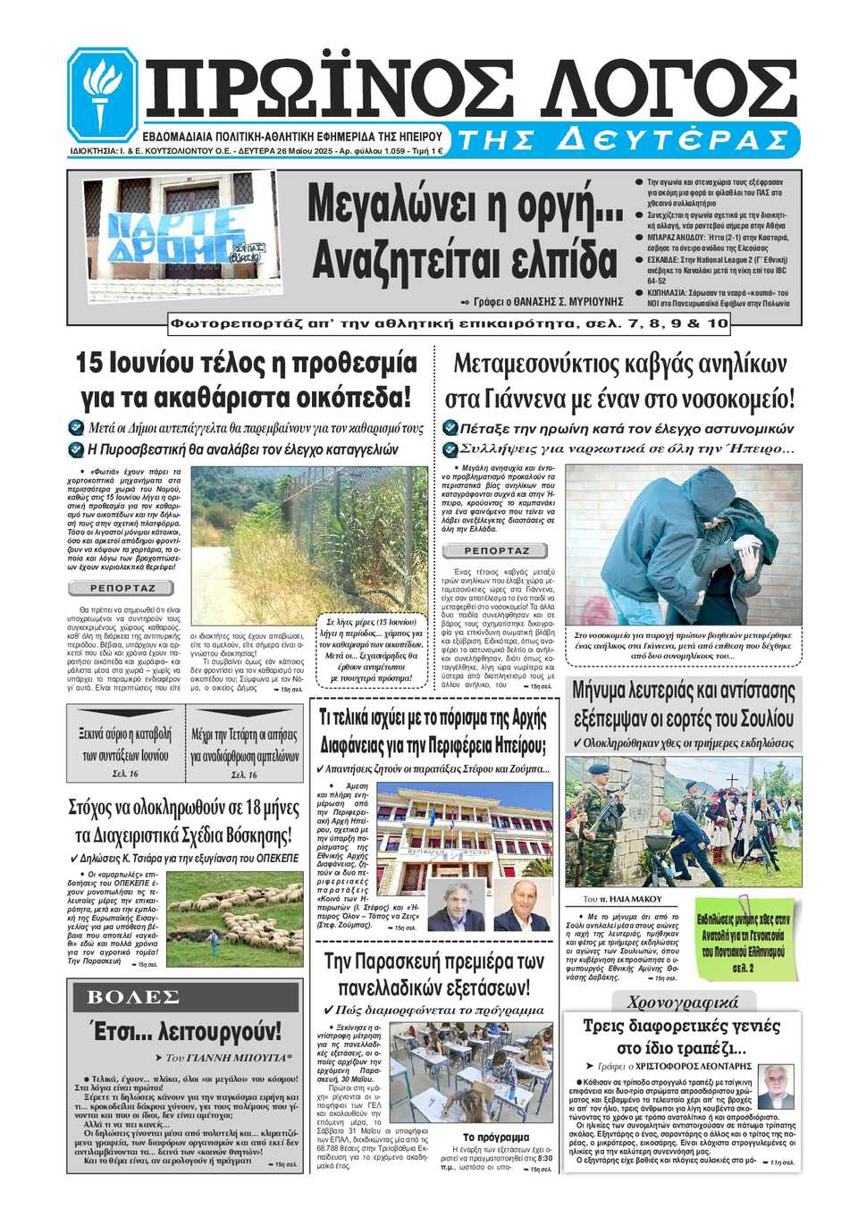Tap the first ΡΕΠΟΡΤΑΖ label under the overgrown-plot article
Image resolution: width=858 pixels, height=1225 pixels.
point(123,588)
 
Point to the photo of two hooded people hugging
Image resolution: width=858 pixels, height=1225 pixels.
point(684,545)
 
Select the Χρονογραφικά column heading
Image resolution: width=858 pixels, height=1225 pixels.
point(682,1002)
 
